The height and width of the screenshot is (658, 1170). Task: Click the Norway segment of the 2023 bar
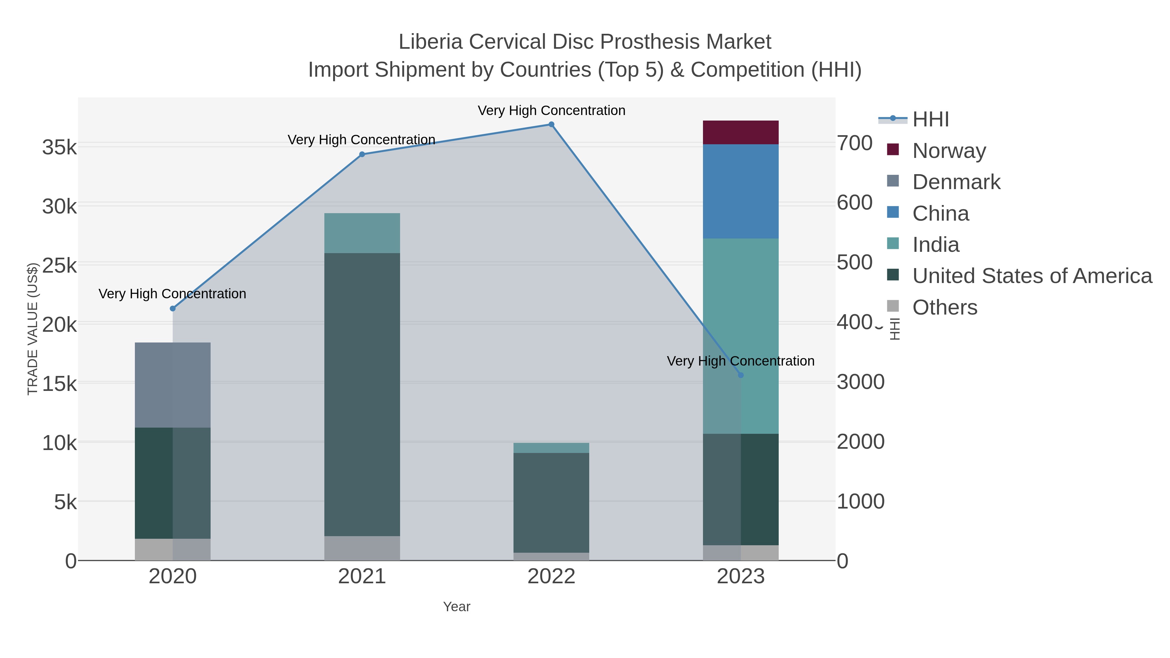pos(740,133)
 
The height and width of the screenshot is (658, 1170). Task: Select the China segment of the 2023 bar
pos(740,191)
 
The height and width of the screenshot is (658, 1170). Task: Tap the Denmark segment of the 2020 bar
pos(173,385)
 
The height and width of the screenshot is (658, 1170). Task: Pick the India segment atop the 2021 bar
pos(362,233)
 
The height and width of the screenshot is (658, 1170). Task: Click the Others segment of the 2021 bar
pos(362,548)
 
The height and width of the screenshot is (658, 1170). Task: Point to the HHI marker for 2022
pos(552,124)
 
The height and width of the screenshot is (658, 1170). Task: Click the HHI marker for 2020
pos(173,309)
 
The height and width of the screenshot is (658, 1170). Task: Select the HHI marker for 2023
pos(741,375)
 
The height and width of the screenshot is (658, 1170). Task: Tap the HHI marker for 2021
pos(362,154)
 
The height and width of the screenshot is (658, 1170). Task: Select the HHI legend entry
pos(930,120)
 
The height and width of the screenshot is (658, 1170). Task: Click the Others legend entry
pos(944,307)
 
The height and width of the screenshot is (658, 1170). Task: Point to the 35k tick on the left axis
pos(59,148)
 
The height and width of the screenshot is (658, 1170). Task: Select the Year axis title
pos(457,607)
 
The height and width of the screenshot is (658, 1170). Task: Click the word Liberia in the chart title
pos(430,42)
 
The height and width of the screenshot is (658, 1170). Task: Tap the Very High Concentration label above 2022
pos(552,110)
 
